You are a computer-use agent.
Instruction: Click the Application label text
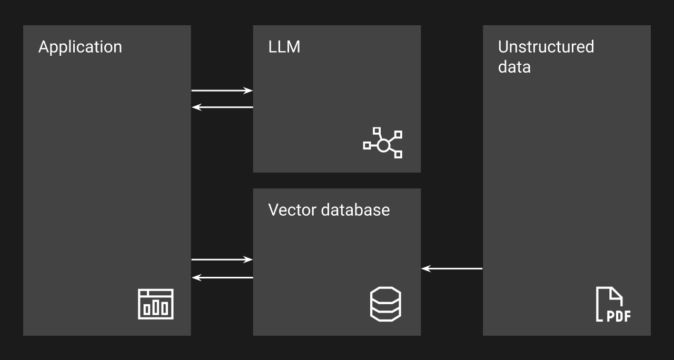pyautogui.click(x=80, y=47)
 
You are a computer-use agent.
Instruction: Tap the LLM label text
pyautogui.click(x=284, y=47)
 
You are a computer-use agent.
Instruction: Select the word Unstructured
pyautogui.click(x=546, y=47)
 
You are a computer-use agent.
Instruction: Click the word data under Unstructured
pyautogui.click(x=514, y=67)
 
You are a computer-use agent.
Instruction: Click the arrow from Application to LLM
pyautogui.click(x=222, y=91)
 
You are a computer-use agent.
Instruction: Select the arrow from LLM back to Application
pyautogui.click(x=222, y=107)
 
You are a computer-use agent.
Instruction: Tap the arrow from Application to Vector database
pyautogui.click(x=222, y=259)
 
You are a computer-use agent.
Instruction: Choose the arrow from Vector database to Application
pyautogui.click(x=222, y=277)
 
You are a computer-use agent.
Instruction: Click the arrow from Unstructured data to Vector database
pyautogui.click(x=452, y=269)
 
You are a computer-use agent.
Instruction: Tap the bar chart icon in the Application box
pyautogui.click(x=155, y=304)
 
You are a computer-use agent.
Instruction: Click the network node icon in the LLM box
pyautogui.click(x=383, y=143)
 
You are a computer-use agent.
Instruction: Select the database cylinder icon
pyautogui.click(x=385, y=304)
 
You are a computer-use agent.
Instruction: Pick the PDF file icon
pyautogui.click(x=613, y=304)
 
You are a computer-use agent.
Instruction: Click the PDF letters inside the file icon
pyautogui.click(x=619, y=316)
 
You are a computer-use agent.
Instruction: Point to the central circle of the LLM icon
pyautogui.click(x=383, y=145)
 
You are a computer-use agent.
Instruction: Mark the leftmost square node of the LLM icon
pyautogui.click(x=367, y=146)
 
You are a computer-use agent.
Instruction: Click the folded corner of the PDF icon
pyautogui.click(x=617, y=294)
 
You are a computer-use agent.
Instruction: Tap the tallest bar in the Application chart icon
pyautogui.click(x=156, y=307)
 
